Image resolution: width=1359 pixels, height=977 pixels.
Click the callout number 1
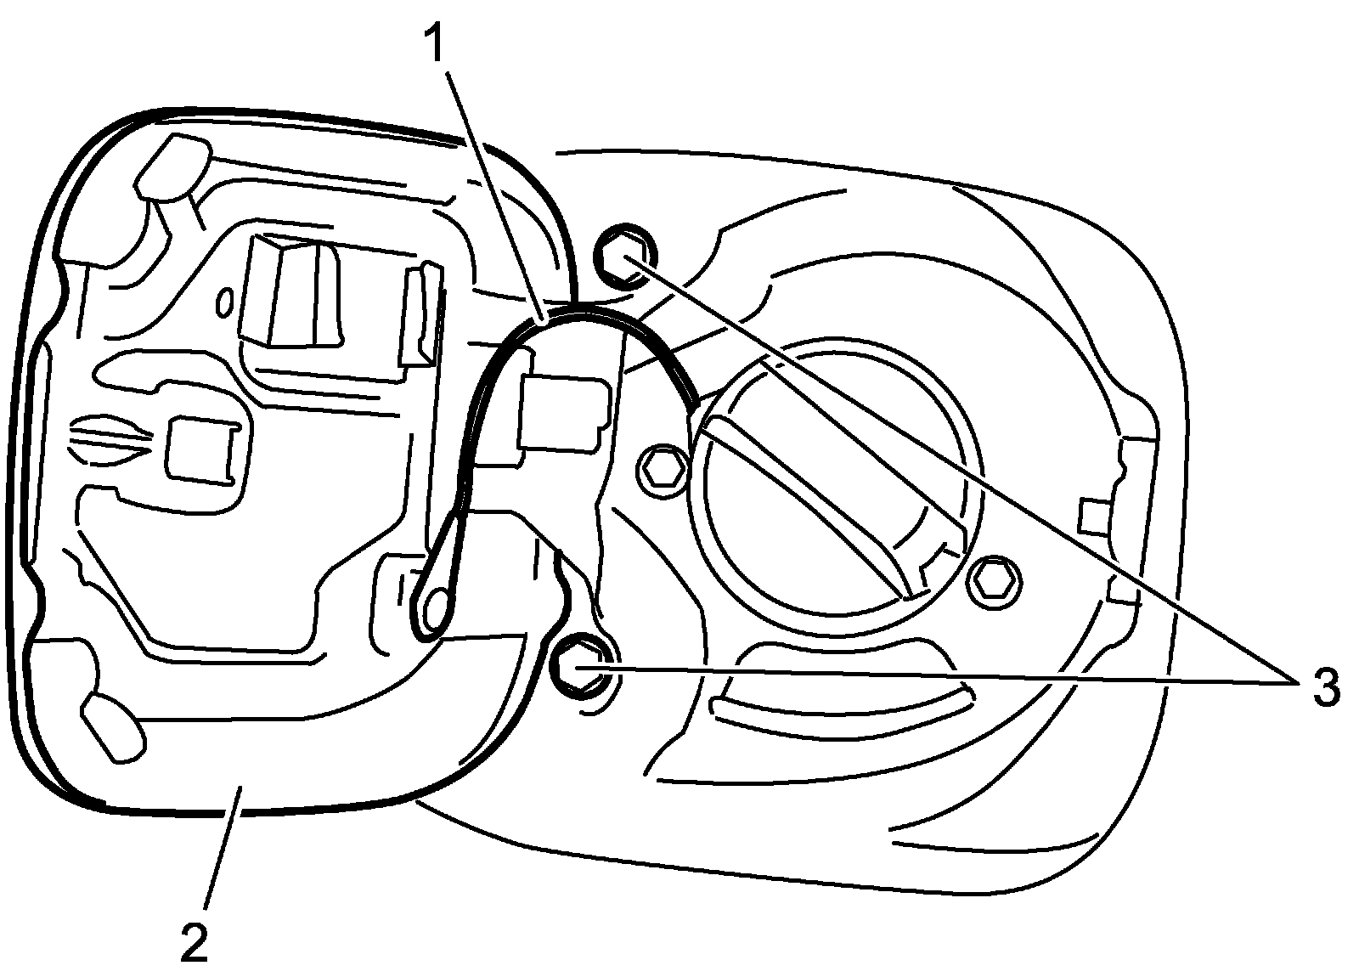click(x=435, y=44)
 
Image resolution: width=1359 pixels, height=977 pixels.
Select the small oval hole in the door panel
click(x=226, y=302)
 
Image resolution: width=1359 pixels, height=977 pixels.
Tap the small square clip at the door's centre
click(x=200, y=449)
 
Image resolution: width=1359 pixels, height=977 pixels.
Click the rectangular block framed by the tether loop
click(x=565, y=412)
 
